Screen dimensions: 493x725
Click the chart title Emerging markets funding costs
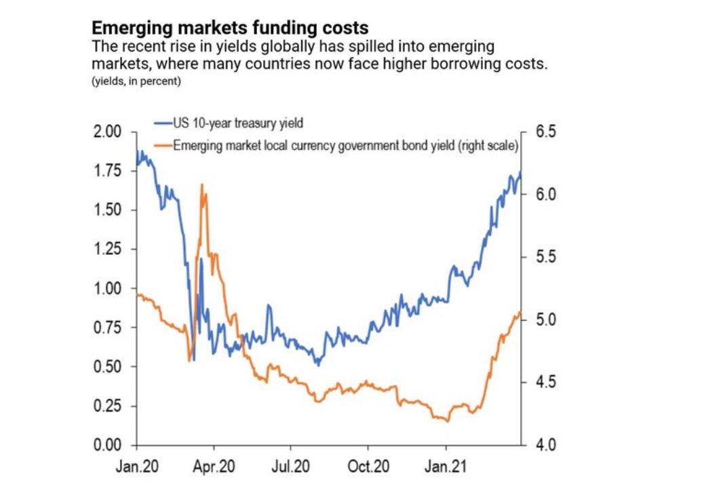click(230, 28)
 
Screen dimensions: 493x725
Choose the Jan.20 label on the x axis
click(137, 468)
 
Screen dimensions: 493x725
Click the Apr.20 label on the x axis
click(214, 468)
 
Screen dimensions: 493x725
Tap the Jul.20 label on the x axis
click(291, 468)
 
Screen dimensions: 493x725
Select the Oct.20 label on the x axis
click(368, 468)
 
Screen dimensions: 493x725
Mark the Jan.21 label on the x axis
click(446, 468)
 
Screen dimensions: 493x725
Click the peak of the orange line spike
click(201, 184)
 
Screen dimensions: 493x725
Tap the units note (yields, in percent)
click(136, 82)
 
